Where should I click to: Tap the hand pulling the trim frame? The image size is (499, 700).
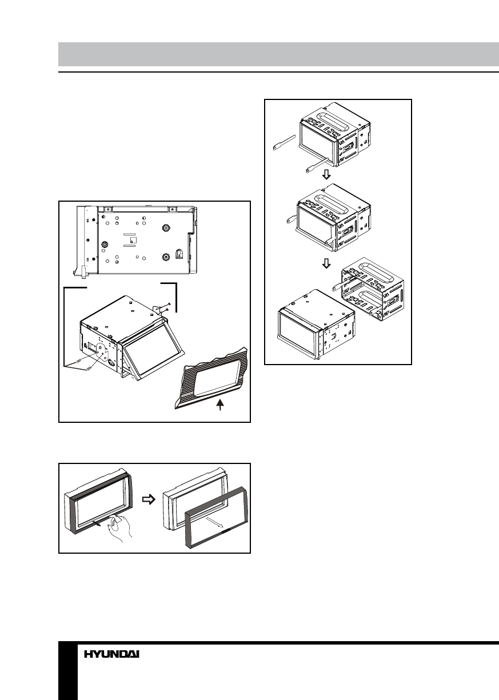(121, 528)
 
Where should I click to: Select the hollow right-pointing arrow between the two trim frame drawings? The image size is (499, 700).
(148, 498)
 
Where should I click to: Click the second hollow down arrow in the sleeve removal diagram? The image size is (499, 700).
(326, 264)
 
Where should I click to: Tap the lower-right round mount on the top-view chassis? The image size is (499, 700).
(165, 257)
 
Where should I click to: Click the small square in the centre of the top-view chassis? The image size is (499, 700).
(132, 241)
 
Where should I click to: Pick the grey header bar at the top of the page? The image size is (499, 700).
(278, 54)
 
